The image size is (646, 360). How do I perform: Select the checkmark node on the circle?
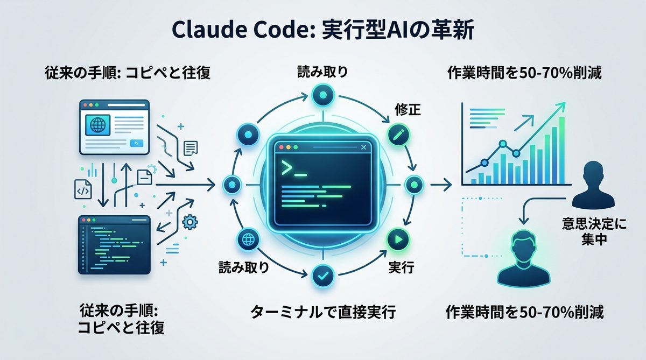point(323,277)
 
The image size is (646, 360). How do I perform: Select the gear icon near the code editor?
point(189,221)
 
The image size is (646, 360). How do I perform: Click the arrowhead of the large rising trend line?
point(563,105)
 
